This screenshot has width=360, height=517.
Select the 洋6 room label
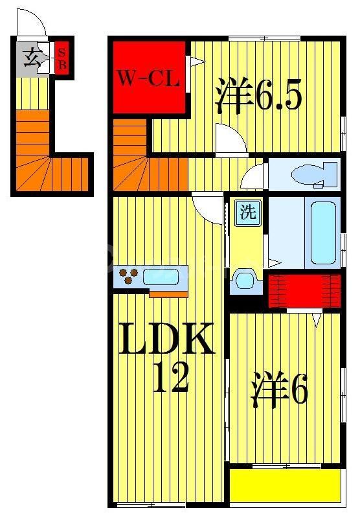tap(279, 388)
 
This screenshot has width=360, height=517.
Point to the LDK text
tap(166, 339)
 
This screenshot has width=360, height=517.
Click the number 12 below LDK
tap(170, 378)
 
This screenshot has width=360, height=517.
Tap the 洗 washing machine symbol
tap(247, 212)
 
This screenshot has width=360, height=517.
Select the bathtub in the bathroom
tap(322, 232)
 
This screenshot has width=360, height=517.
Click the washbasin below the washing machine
tap(245, 279)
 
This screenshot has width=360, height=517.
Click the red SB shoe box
tap(62, 58)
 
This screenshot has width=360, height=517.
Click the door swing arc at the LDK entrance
tap(207, 209)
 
